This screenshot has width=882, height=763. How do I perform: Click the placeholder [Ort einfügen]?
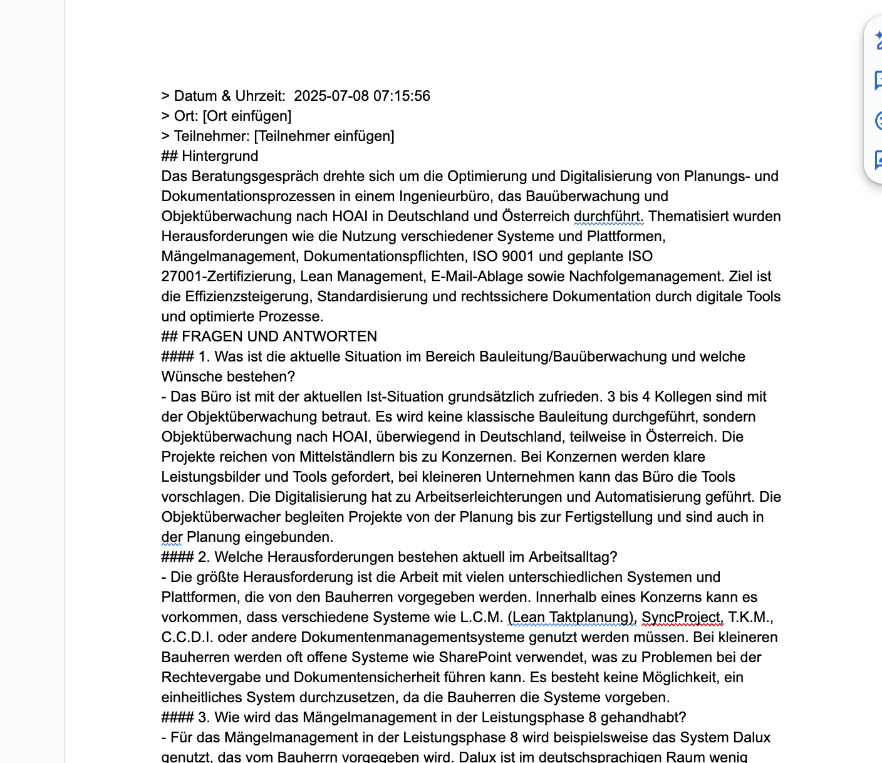point(247,116)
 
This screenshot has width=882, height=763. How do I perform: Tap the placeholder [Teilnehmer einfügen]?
point(324,136)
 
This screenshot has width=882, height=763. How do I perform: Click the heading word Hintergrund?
point(220,156)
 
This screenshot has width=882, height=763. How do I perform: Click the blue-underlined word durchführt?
point(608,216)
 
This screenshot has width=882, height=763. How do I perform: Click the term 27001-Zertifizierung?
point(226,276)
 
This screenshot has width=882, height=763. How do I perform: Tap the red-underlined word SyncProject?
point(682,617)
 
